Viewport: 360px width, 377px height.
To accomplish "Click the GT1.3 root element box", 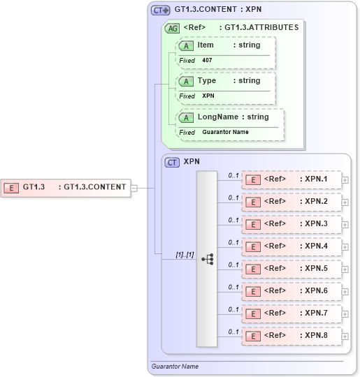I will pyautogui.click(x=66, y=187).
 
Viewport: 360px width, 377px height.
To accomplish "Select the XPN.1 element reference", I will pyautogui.click(x=291, y=179).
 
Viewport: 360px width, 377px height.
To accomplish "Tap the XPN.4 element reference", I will pyautogui.click(x=291, y=246).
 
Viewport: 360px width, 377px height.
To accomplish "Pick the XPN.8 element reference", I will pyautogui.click(x=291, y=336).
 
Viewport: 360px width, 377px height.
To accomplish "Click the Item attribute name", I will pyautogui.click(x=206, y=45).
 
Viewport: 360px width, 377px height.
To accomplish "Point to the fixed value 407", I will pyautogui.click(x=207, y=61).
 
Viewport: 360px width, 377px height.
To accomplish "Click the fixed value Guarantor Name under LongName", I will pyautogui.click(x=225, y=132).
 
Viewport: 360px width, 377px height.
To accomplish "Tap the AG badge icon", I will pyautogui.click(x=171, y=29).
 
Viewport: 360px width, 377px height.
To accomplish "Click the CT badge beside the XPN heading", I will pyautogui.click(x=172, y=162).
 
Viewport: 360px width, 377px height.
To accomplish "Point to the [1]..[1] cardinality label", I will pyautogui.click(x=185, y=256).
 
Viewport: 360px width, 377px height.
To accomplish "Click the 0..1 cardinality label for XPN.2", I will pyautogui.click(x=233, y=198).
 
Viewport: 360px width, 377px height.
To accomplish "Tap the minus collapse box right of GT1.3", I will pyautogui.click(x=134, y=187).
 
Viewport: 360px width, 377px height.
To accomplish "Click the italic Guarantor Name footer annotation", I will pyautogui.click(x=175, y=366).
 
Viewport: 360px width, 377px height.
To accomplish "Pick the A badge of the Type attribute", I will pyautogui.click(x=186, y=82).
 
